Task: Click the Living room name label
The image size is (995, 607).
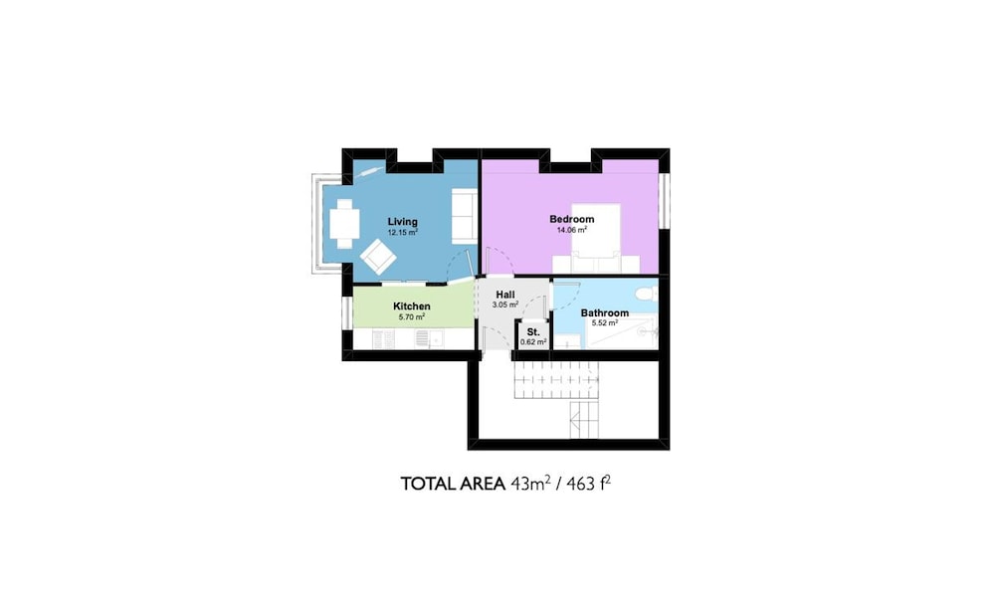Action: [402, 222]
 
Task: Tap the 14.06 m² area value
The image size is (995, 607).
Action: [572, 230]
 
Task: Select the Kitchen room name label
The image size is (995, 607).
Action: [411, 306]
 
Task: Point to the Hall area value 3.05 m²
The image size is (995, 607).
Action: [505, 304]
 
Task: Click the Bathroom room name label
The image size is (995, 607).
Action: [605, 313]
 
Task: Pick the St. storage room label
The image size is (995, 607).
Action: [533, 332]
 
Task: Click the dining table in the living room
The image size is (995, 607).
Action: [344, 224]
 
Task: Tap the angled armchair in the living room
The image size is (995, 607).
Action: [378, 257]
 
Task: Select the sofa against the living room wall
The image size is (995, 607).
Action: [465, 215]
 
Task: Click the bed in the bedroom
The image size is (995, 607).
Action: [595, 238]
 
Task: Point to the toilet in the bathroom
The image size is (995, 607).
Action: [648, 295]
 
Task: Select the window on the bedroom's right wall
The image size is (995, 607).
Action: [664, 200]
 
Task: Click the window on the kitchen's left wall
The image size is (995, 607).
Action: [346, 313]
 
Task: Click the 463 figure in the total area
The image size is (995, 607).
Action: [580, 484]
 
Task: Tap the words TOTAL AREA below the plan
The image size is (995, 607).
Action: [453, 484]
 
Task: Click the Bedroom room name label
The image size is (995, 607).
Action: [572, 219]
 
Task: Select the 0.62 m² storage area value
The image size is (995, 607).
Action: [533, 342]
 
